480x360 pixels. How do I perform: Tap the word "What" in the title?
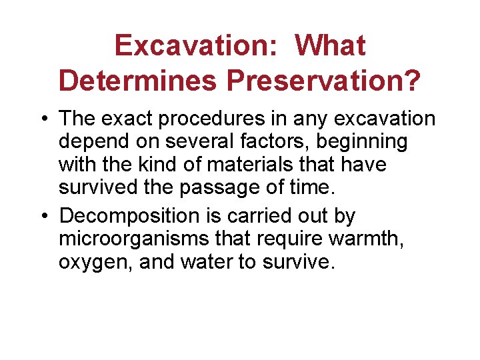(331, 46)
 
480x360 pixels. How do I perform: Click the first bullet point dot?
(47, 119)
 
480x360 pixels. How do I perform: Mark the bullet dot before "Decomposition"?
(47, 217)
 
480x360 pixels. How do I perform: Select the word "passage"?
(225, 187)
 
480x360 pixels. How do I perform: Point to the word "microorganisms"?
(131, 239)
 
